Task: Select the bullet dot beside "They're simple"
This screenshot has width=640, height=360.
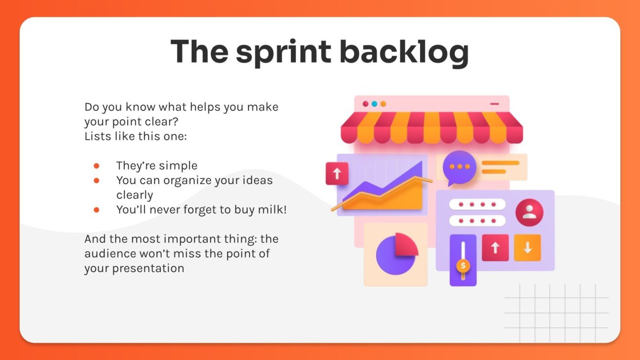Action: tap(96, 165)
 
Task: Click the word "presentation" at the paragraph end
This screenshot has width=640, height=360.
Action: tap(148, 268)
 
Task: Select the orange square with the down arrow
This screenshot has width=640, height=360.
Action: tap(527, 248)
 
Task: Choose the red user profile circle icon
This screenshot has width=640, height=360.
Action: tap(529, 212)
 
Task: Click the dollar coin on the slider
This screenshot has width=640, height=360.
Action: tap(463, 264)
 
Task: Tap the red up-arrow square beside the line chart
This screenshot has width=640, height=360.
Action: tap(337, 173)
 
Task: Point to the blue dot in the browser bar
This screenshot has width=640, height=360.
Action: tap(375, 104)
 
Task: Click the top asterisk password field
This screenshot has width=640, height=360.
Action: tap(477, 205)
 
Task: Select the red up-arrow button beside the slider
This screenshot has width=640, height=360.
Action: tap(495, 248)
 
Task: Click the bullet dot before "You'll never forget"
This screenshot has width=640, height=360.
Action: tap(96, 209)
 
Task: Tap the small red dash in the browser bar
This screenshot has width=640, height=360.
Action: tap(495, 104)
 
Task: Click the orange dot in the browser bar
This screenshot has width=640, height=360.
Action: tap(383, 104)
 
